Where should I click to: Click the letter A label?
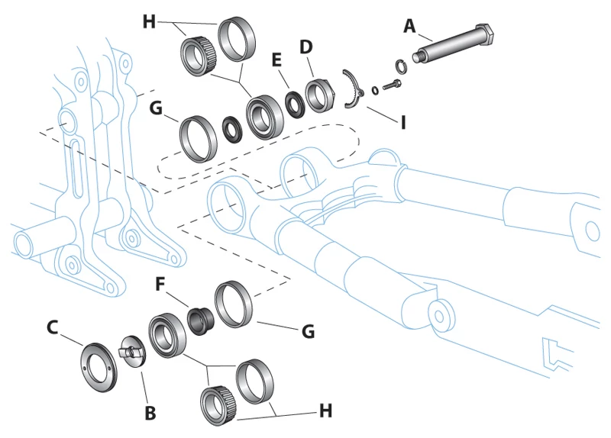pyautogui.click(x=409, y=27)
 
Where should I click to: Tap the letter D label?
pyautogui.click(x=305, y=47)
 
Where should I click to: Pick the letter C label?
pyautogui.click(x=52, y=327)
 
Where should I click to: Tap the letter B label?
pyautogui.click(x=150, y=413)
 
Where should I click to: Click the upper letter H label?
pyautogui.click(x=149, y=22)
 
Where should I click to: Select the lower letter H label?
pyautogui.click(x=326, y=411)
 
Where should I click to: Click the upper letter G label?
pyautogui.click(x=155, y=109)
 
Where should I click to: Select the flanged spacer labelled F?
pyautogui.click(x=202, y=320)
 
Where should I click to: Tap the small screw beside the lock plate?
pyautogui.click(x=393, y=83)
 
